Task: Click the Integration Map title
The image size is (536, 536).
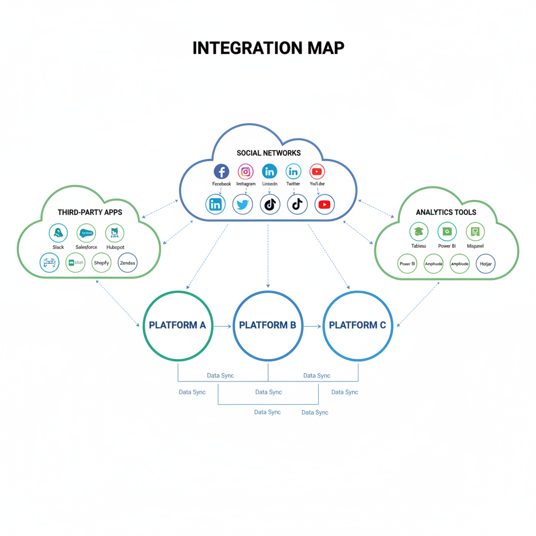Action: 268,48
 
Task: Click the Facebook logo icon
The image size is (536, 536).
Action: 221,171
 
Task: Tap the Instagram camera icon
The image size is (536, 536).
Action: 245,171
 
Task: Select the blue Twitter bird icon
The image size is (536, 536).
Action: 242,205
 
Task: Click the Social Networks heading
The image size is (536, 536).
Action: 269,153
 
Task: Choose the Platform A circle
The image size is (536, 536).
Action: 177,325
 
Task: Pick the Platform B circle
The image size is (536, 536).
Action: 267,325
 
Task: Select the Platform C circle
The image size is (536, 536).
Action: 358,325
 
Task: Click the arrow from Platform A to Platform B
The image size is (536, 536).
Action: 222,326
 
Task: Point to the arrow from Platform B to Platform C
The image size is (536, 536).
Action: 312,326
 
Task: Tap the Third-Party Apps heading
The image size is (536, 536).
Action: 90,213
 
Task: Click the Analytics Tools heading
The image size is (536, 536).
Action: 446,212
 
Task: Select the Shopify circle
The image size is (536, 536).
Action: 102,263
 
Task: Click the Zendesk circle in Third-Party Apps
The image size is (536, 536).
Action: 128,263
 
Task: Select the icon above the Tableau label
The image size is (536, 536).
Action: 418,231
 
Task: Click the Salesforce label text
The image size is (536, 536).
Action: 86,247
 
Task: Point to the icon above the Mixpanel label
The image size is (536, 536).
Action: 475,231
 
